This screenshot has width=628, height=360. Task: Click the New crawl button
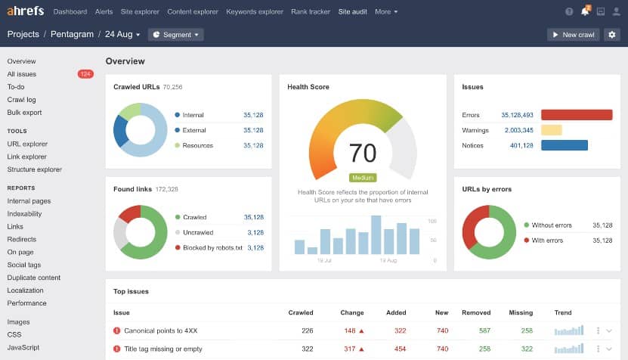coord(573,35)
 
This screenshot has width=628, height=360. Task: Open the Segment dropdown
coord(176,35)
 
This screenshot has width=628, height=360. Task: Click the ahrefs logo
coord(25,11)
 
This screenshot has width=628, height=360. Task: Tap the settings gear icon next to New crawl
coord(611,35)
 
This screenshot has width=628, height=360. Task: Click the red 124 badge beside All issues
coord(85,74)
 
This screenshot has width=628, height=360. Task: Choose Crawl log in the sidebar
coord(21,100)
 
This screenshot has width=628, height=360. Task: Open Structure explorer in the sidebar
coord(35,169)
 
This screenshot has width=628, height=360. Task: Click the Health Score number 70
coord(363,153)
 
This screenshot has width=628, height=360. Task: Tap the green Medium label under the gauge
coord(363,178)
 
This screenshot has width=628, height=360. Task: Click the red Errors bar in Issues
coord(576,115)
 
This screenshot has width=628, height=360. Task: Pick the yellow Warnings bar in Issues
coord(551,130)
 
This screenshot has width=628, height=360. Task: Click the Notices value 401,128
coord(521,145)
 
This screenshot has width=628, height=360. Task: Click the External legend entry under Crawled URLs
coord(194,130)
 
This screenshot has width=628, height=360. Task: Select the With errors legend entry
coord(547,241)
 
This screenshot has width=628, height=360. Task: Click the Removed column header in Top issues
coord(476,312)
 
